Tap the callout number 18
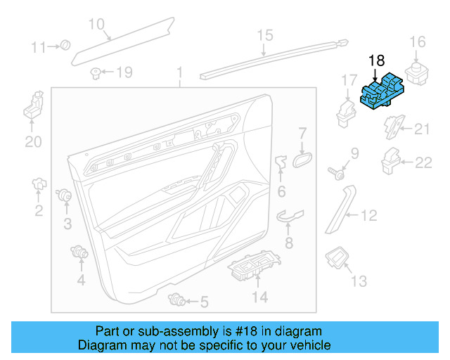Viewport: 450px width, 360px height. point(377,62)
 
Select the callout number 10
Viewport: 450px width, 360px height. point(96,24)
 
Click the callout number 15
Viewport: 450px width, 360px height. point(264,34)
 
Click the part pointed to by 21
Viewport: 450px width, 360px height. point(394,129)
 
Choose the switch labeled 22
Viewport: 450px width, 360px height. point(390,162)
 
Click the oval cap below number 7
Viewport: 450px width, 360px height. point(302,159)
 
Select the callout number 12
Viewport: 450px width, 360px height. point(368,216)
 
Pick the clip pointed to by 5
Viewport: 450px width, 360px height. point(176,301)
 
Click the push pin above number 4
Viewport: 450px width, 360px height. point(79,252)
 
